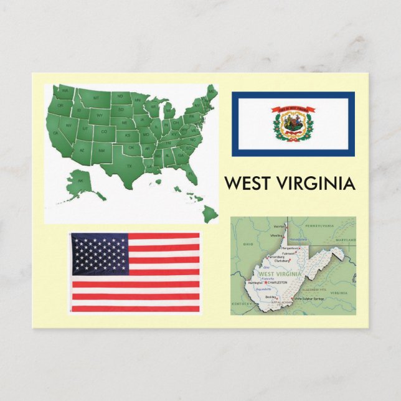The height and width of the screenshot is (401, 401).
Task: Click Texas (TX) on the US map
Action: (130, 166)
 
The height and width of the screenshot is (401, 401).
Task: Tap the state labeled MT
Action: (96, 98)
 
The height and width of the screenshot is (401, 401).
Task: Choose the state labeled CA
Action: (56, 132)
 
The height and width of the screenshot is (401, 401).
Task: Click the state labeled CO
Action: (104, 131)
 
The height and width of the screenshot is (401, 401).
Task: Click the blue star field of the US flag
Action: (99, 253)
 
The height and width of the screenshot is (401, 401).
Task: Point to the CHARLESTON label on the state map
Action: (277, 283)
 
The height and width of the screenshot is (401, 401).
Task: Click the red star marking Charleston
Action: (266, 283)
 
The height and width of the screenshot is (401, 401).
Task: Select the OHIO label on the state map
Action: (248, 244)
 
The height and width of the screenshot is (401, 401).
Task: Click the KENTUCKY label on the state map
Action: (240, 303)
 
